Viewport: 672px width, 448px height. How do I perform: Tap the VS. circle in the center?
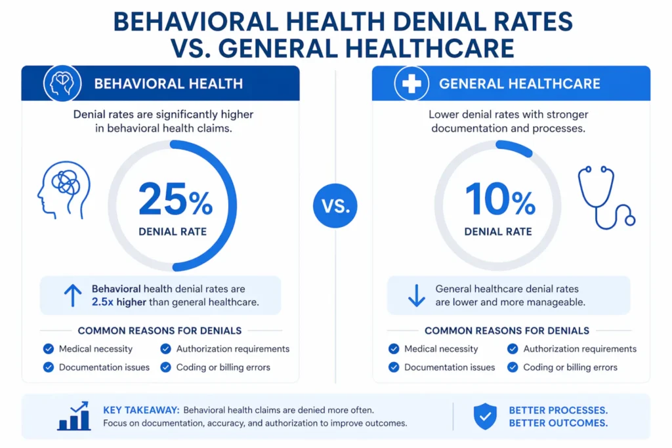coord(335,206)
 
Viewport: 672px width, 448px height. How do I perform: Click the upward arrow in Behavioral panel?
coord(72,295)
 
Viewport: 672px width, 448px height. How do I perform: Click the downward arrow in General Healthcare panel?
coord(417,295)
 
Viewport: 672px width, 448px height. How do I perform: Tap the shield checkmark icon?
coord(485,417)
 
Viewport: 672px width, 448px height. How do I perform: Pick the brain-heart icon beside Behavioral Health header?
coord(62,83)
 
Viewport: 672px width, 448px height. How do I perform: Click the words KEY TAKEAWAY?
coord(140,411)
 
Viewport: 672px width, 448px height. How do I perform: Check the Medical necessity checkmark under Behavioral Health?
coord(48,349)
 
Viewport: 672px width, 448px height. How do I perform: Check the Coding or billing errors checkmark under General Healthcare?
coord(513,367)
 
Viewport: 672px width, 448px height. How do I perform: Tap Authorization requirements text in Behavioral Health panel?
coord(233,349)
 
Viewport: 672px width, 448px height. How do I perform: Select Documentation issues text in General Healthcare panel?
coord(450,367)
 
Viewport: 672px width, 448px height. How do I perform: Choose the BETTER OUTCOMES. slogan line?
coord(558,423)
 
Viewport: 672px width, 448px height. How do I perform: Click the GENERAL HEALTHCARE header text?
coord(519,84)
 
